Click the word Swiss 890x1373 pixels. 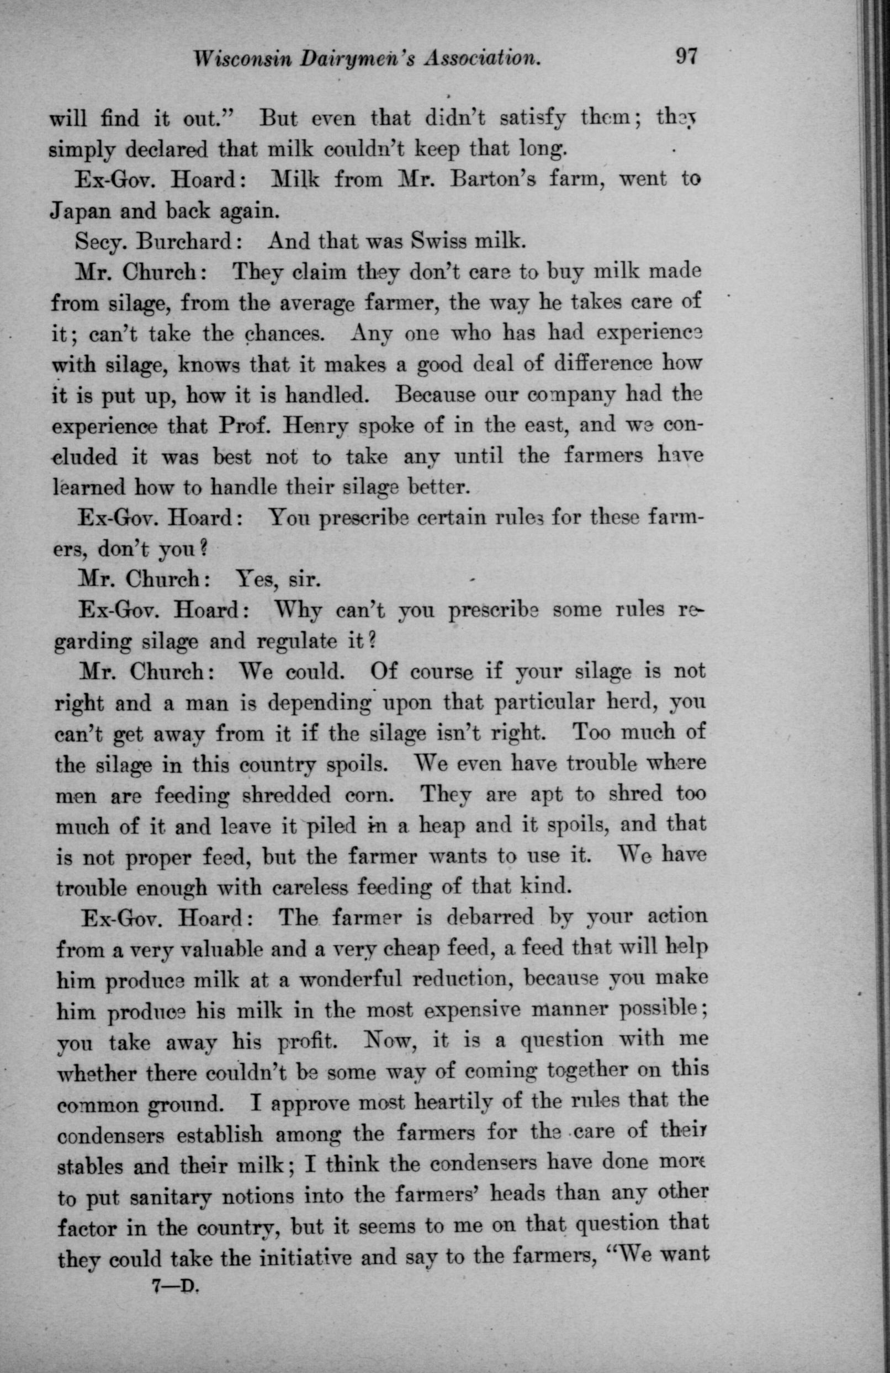(x=441, y=241)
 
